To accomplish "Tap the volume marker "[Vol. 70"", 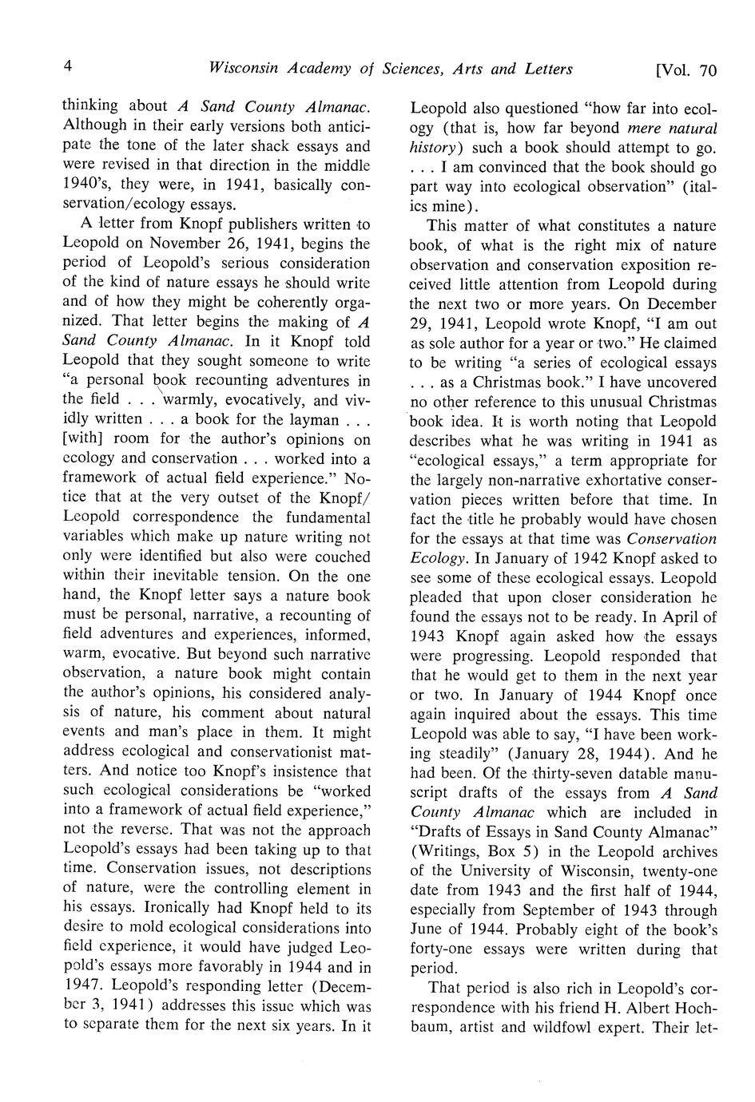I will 685,70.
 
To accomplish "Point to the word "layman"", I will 300,419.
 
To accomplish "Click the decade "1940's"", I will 85,185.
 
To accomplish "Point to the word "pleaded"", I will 438,597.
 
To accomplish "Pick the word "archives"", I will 689,851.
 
